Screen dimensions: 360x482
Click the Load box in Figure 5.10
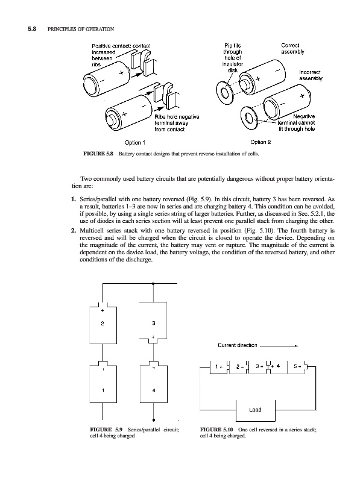click(x=256, y=410)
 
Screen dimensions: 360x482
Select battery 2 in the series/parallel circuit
click(x=103, y=323)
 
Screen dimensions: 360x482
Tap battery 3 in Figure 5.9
click(x=153, y=322)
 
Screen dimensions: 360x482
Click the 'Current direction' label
click(x=237, y=345)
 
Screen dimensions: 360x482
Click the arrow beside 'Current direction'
click(x=279, y=346)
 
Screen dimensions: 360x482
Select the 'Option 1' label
click(x=134, y=143)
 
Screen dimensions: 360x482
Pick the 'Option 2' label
click(x=261, y=142)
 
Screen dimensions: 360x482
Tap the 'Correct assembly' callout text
click(x=292, y=49)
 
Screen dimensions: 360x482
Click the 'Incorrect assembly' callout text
click(x=311, y=75)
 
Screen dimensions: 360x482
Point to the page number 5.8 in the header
click(x=32, y=29)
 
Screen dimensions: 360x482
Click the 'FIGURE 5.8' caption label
click(x=98, y=154)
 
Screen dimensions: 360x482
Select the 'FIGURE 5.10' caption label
click(x=216, y=430)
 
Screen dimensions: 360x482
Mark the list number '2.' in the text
click(x=74, y=231)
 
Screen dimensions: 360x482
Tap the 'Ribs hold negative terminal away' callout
click(x=177, y=123)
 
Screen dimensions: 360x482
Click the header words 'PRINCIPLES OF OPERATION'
click(x=81, y=29)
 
